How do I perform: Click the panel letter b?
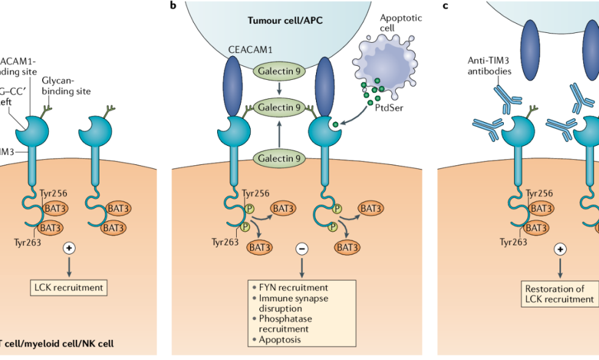point(174,6)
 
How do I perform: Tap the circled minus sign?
point(301,249)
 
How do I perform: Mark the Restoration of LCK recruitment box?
point(559,293)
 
